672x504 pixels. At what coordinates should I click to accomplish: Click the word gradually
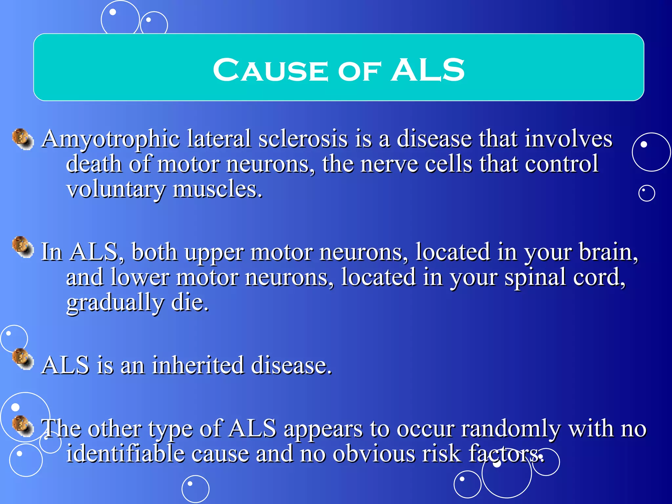(x=115, y=303)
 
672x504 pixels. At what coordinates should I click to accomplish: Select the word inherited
(x=198, y=365)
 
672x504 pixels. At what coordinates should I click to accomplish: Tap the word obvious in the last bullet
(x=374, y=453)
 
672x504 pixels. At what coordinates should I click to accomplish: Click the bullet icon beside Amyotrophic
(x=23, y=139)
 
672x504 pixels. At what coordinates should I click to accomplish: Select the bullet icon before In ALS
(x=23, y=247)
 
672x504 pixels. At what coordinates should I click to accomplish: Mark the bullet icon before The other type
(x=23, y=426)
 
